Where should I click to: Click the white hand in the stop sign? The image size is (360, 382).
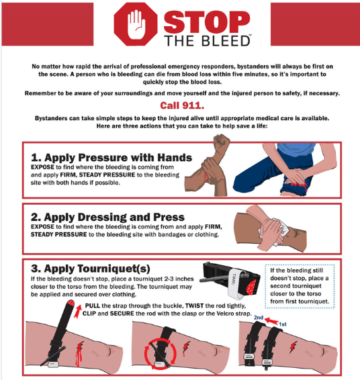136,24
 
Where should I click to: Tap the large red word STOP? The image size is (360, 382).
207,22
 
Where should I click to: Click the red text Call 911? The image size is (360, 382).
182,105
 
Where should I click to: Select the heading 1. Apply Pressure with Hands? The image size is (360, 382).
111,157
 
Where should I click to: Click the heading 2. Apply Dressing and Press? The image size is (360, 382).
107,217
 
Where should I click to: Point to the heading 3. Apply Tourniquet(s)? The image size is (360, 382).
91,269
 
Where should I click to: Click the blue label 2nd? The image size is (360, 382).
259,318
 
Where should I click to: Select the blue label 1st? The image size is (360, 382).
283,324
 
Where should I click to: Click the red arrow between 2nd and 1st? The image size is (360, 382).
271,321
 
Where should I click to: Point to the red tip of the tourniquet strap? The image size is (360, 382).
71,303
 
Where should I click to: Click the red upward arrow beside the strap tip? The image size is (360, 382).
77,311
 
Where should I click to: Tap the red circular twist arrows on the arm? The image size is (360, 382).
160,353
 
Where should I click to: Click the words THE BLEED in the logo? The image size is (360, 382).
208,41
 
